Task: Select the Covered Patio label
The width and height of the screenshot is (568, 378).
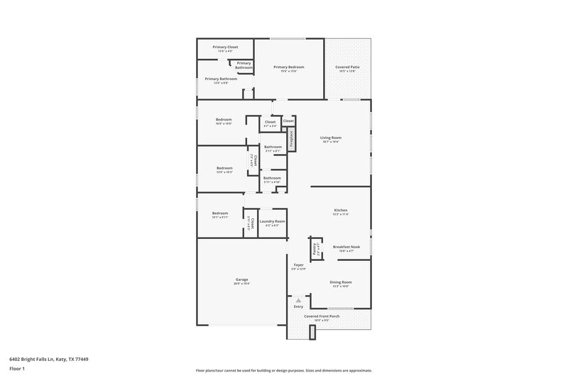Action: pos(348,67)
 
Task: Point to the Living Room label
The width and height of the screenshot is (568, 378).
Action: pos(331,138)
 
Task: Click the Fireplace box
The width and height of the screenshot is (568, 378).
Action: pos(291,138)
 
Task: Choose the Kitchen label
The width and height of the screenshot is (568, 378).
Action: pos(341,210)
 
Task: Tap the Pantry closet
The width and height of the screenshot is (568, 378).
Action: pos(313,249)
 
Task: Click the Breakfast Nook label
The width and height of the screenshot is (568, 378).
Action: pos(346,247)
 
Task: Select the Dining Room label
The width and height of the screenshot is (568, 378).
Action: pos(341,282)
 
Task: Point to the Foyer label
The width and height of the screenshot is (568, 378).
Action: pos(298,265)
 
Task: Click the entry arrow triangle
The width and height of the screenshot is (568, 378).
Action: pos(298,301)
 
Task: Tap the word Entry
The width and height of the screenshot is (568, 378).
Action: pos(298,306)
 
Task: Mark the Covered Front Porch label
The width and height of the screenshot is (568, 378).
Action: pos(322,316)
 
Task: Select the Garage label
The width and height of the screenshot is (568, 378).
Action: pos(241,279)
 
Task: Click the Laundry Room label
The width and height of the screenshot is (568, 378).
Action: pos(272,221)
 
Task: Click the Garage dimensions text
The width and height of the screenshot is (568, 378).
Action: pos(241,284)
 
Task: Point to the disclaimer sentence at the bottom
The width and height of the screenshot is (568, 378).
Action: pos(284,370)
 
